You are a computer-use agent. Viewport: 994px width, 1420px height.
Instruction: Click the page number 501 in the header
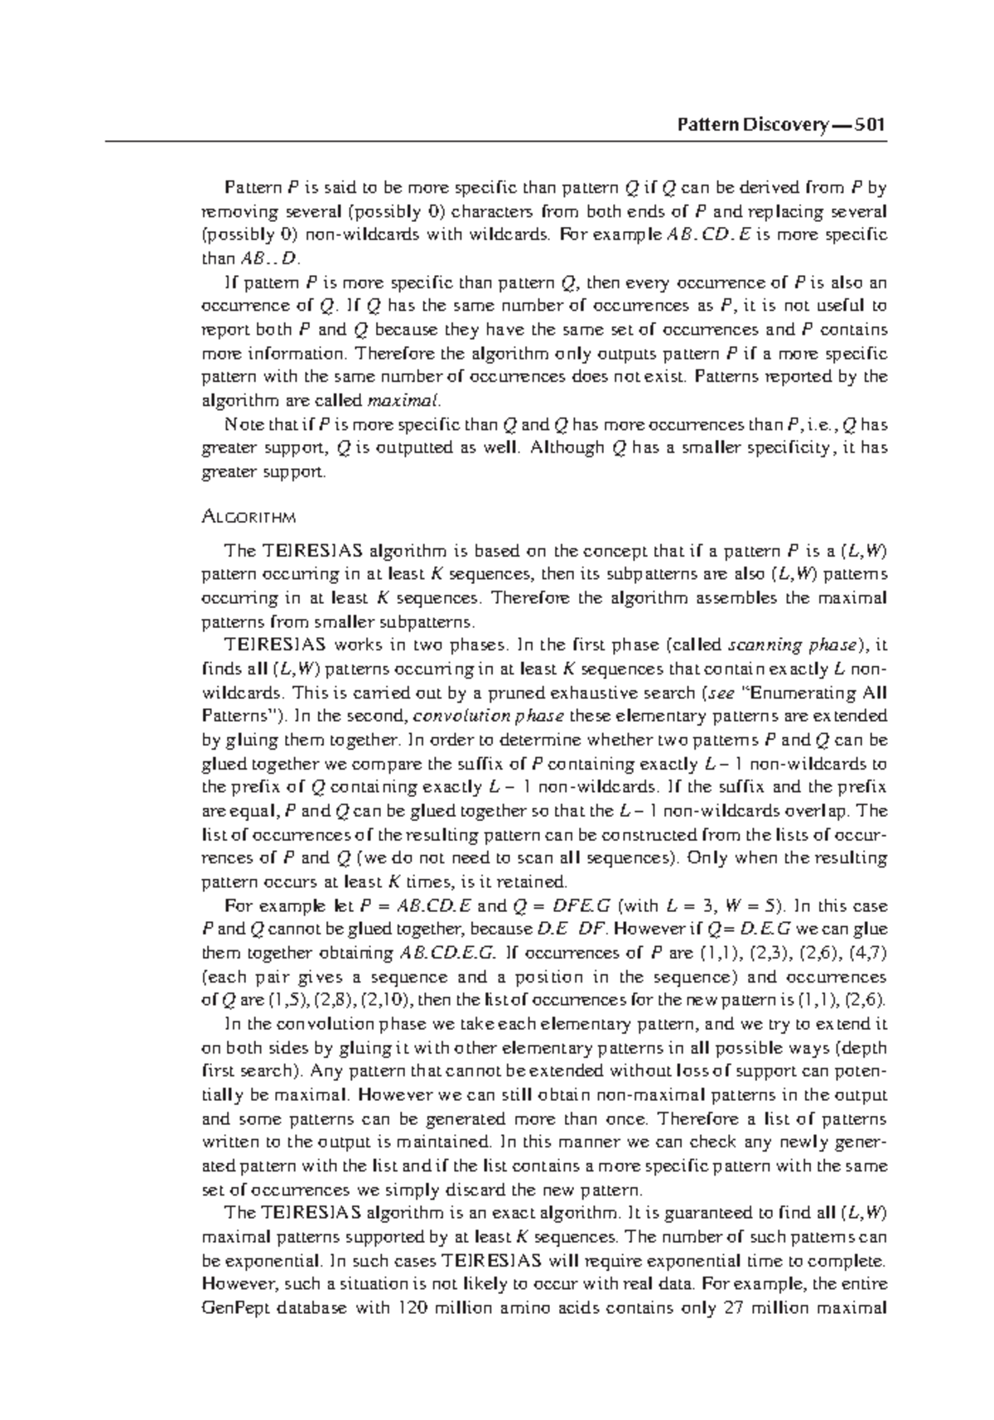[x=870, y=125]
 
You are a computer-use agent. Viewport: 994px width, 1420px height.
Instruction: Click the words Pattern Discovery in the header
[x=751, y=125]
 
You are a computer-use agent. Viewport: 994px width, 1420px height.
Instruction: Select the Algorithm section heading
[x=248, y=518]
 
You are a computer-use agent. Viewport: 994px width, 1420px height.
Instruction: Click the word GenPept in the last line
[x=234, y=1310]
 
